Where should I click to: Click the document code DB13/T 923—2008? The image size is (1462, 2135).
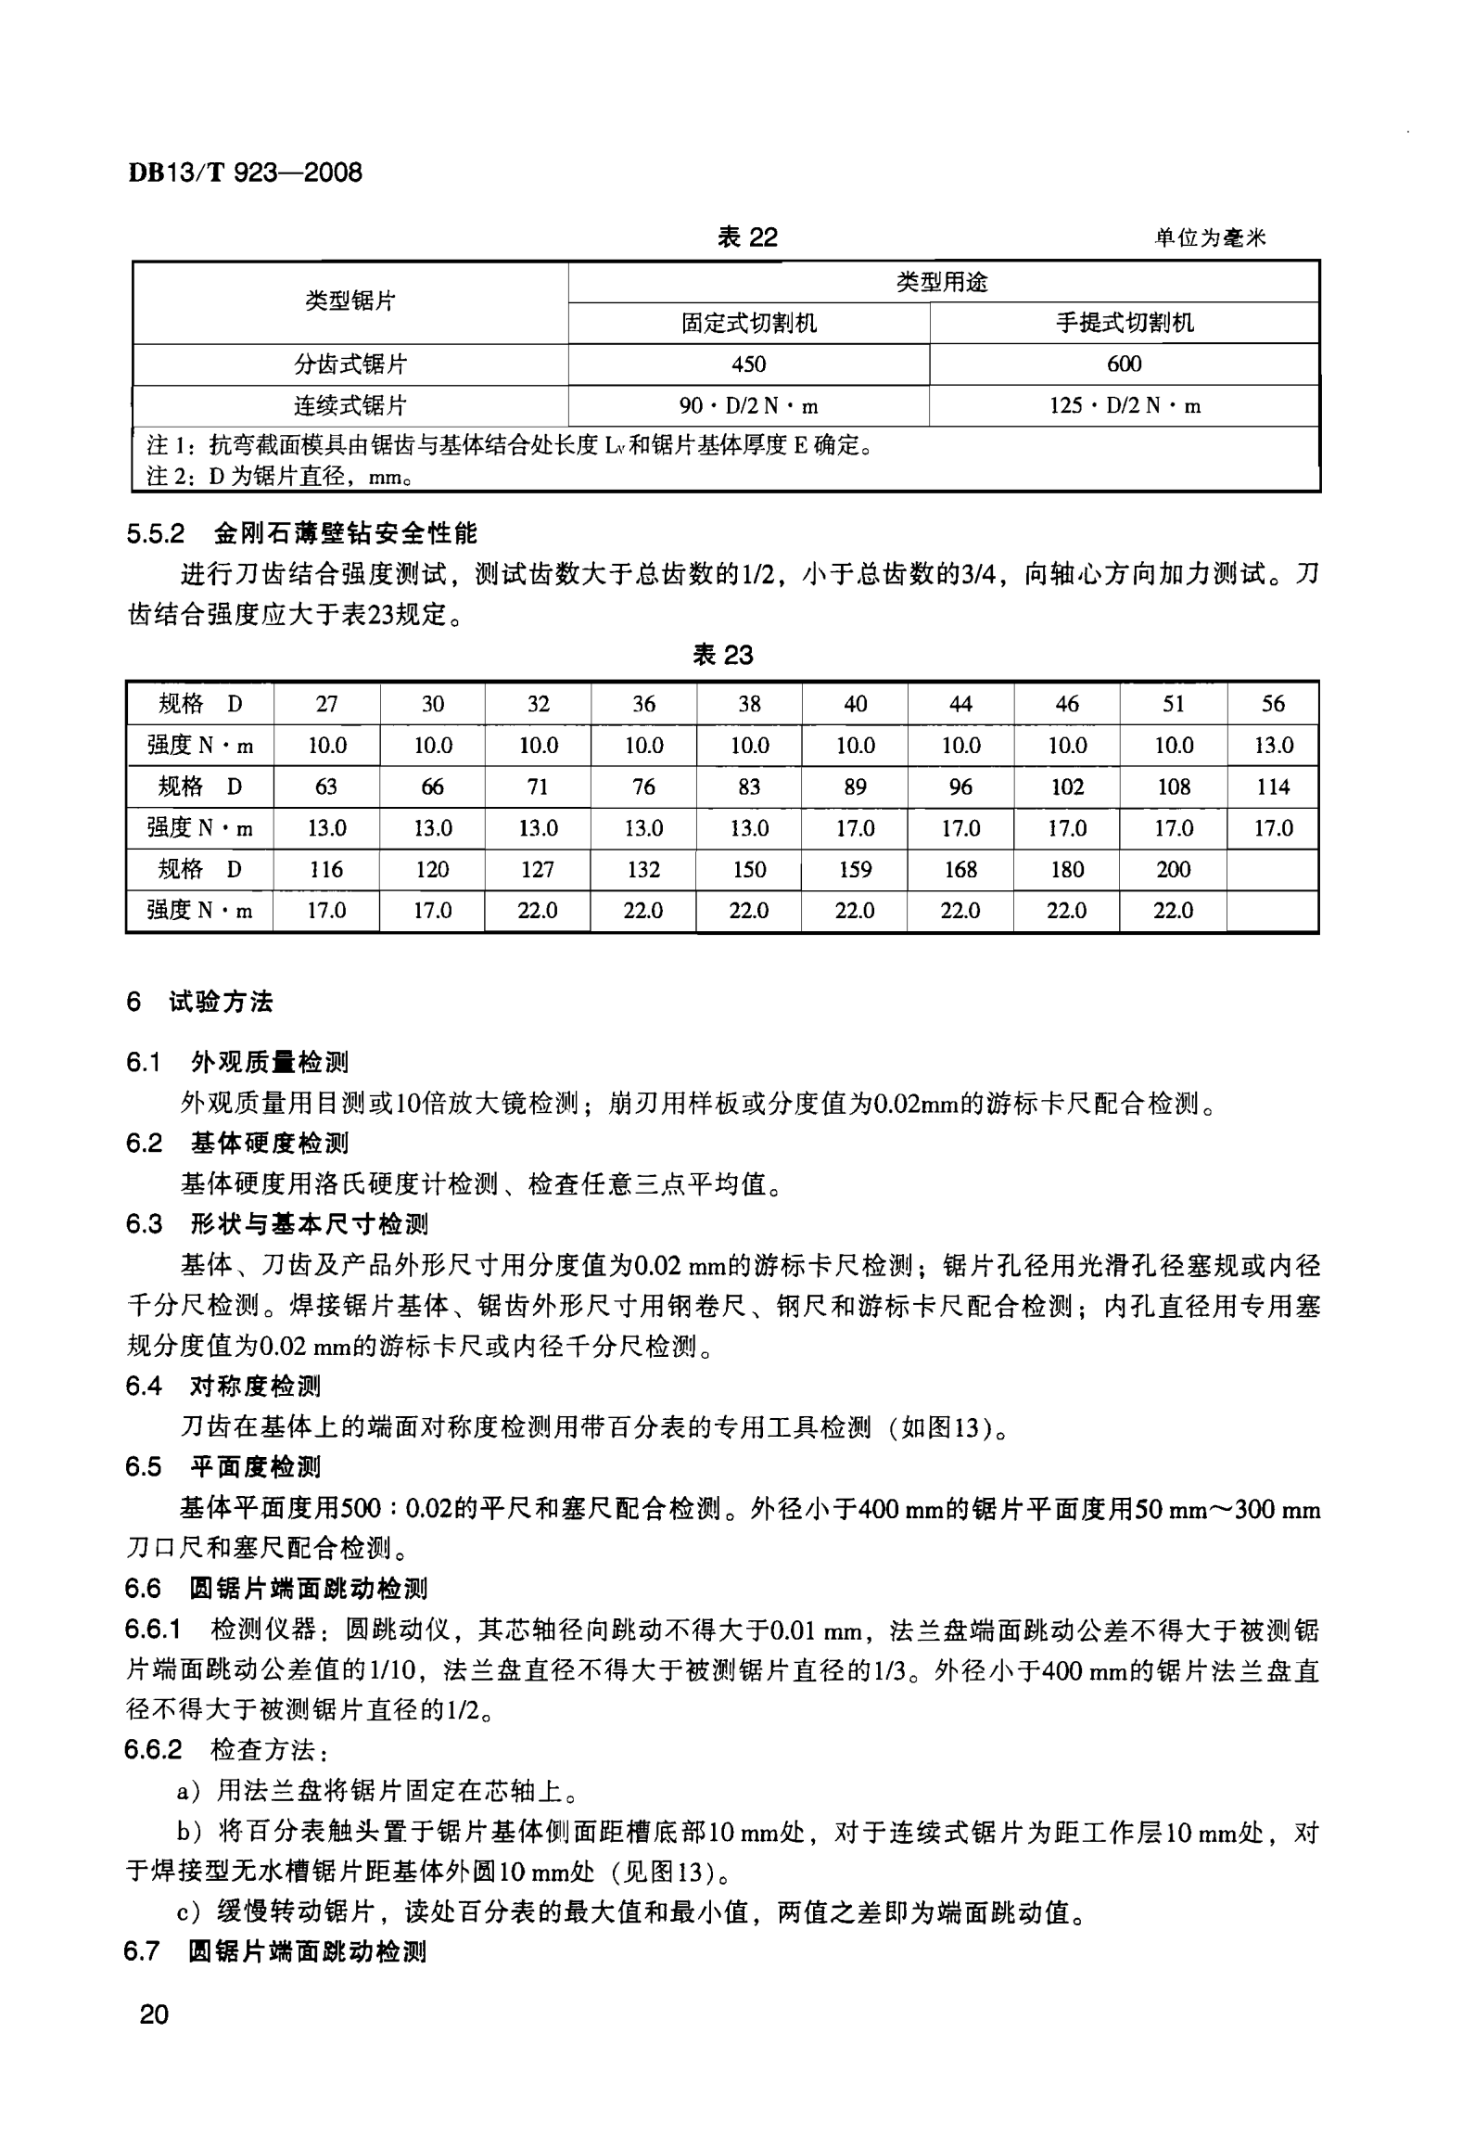point(245,173)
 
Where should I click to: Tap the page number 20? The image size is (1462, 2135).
point(154,2014)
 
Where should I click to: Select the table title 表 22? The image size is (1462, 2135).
point(747,237)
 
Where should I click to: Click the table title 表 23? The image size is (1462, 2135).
point(723,656)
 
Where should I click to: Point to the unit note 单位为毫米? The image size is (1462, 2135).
point(1209,238)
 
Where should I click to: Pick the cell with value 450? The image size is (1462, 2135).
point(748,364)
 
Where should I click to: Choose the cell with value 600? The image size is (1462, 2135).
point(1124,364)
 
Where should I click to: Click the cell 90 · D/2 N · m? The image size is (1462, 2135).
point(748,406)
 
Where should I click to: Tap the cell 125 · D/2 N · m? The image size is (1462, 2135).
point(1124,406)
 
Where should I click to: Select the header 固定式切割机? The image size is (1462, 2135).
point(748,323)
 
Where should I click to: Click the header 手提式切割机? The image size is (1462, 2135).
point(1124,323)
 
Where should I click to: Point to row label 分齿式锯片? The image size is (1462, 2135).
point(350,364)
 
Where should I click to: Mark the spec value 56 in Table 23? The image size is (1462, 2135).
point(1273,704)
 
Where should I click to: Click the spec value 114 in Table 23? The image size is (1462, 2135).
point(1273,787)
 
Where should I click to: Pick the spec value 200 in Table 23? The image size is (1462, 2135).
point(1173,870)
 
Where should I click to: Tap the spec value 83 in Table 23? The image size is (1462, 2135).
point(749,787)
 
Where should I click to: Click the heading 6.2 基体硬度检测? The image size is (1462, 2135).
point(236,1144)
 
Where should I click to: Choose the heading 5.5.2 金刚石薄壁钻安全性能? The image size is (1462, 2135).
point(301,533)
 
